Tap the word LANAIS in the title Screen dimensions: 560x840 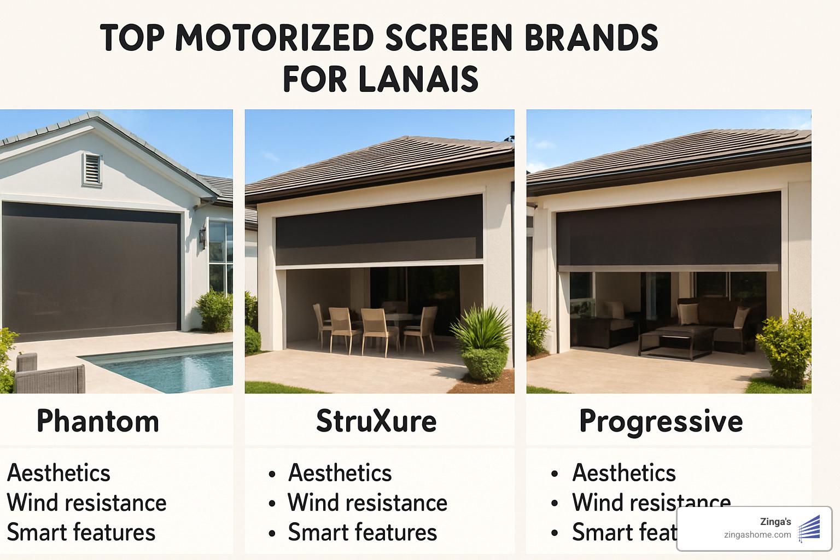[x=418, y=79]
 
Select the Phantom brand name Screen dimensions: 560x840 [x=98, y=421]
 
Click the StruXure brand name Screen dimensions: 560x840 [x=376, y=421]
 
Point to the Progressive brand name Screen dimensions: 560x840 [x=661, y=421]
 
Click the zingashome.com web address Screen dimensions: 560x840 [x=757, y=535]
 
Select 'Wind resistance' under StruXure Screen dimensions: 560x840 [x=367, y=503]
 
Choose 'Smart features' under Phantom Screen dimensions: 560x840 [x=81, y=532]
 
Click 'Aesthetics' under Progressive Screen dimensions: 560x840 [x=624, y=473]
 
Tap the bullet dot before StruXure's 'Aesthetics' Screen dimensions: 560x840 [x=272, y=474]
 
